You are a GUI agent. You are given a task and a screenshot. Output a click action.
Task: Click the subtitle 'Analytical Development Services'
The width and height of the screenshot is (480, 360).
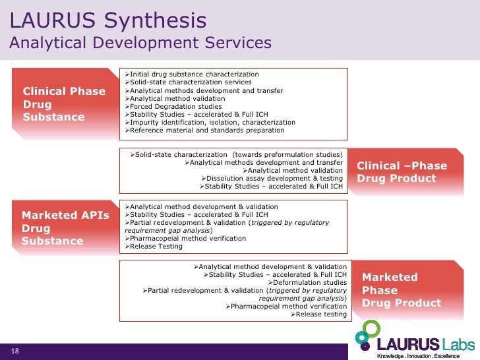click(x=140, y=43)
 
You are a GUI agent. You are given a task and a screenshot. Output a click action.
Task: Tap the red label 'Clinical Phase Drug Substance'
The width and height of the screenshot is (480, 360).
click(x=64, y=104)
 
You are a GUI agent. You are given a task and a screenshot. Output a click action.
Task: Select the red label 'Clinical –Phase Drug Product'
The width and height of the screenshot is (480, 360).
click(x=402, y=172)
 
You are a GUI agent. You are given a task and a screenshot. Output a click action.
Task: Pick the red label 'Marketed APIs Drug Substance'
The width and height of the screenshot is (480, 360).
click(x=65, y=227)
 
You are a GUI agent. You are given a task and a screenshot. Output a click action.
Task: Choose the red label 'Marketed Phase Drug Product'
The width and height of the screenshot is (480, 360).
click(x=402, y=290)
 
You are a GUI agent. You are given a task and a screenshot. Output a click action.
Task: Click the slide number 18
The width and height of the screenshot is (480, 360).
click(x=15, y=351)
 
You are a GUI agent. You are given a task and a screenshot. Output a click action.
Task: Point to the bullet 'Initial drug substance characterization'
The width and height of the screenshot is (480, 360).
click(x=194, y=74)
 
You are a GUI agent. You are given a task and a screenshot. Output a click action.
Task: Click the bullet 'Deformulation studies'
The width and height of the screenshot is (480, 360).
click(x=313, y=282)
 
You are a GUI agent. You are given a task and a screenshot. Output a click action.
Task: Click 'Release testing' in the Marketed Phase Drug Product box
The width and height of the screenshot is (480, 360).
click(x=320, y=314)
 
